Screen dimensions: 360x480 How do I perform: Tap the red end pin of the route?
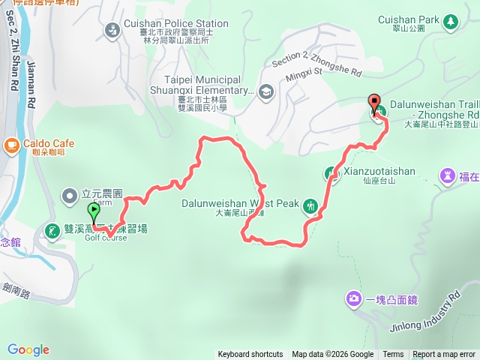(x=373, y=103)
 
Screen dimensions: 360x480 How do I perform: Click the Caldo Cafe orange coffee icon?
(x=10, y=143)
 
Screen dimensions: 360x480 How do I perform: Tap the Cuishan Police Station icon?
(x=112, y=30)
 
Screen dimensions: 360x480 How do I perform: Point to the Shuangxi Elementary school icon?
(x=265, y=91)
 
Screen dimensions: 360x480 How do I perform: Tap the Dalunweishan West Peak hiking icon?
(x=310, y=210)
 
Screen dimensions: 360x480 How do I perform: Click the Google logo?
(x=28, y=349)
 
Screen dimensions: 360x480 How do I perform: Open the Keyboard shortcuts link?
(x=250, y=355)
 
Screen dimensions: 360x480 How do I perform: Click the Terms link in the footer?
(x=393, y=355)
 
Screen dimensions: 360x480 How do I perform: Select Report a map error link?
(x=444, y=355)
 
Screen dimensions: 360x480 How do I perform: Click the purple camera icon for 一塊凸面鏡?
(x=353, y=299)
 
